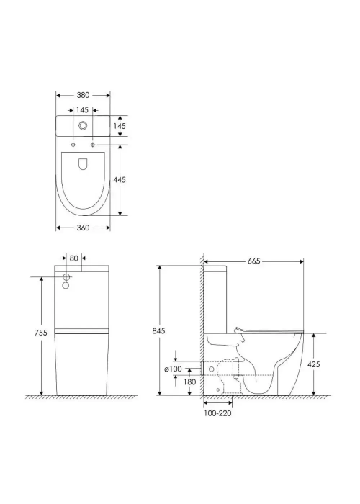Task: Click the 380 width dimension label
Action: pos(83,95)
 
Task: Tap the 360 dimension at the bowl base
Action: pos(83,228)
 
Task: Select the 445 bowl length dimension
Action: pos(120,180)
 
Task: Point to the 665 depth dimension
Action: pos(254,261)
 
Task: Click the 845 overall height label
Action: pos(158,330)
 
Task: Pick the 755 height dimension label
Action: pos(41,333)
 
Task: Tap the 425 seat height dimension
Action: pos(314,364)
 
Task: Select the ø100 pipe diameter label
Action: pos(173,369)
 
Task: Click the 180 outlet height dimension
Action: pos(189,382)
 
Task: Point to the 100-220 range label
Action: pos(217,413)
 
